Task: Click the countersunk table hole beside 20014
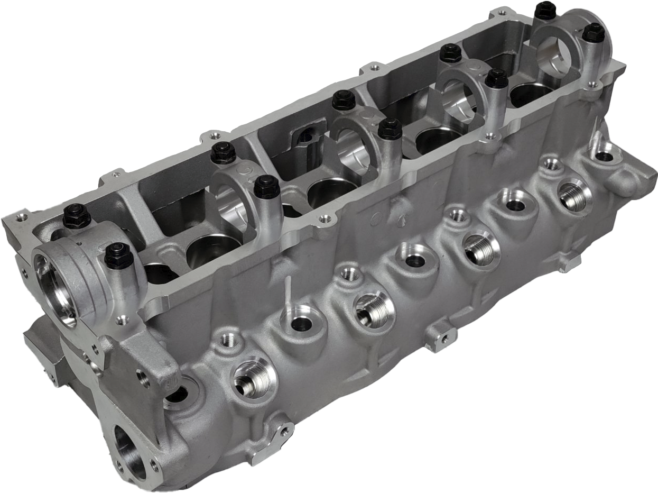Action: (375, 68)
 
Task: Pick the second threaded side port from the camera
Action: (374, 309)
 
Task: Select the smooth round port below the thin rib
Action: (301, 323)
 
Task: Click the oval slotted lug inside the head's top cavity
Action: (307, 136)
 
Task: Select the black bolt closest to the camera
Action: (119, 256)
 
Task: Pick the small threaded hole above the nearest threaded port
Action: (229, 340)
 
